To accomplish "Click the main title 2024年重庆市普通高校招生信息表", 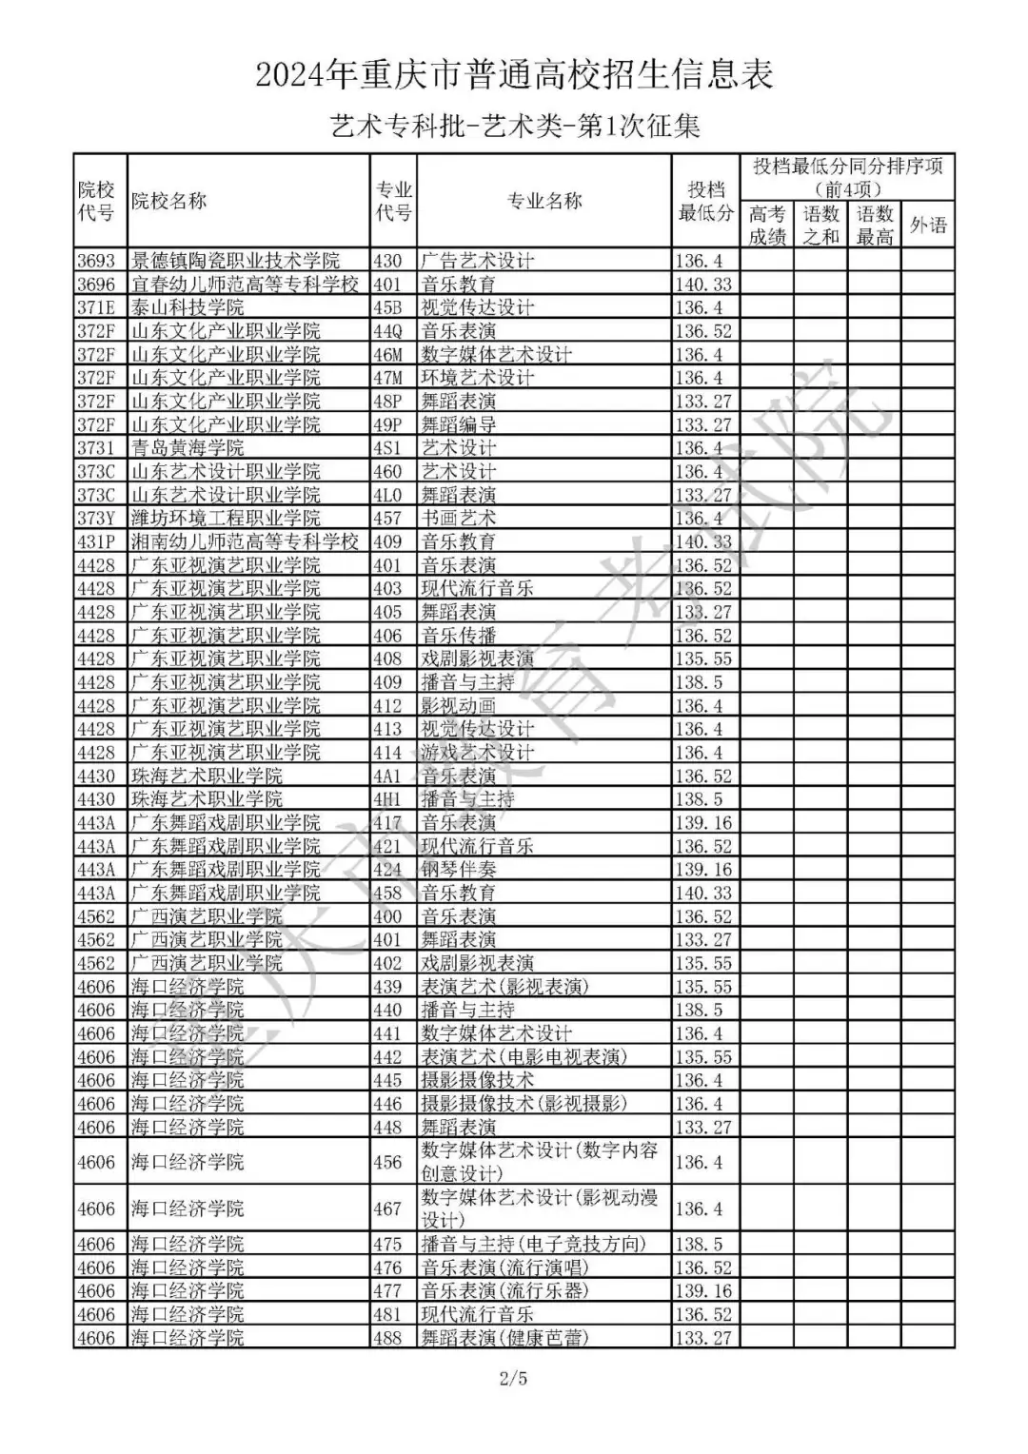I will click(514, 75).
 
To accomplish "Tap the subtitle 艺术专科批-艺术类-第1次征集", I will click(514, 127).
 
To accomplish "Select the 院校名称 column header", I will click(169, 201).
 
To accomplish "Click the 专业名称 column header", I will click(544, 201).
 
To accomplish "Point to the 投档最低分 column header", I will click(705, 201).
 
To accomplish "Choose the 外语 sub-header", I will click(927, 226).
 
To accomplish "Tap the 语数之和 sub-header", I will click(820, 226).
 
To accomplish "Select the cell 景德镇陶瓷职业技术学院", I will click(235, 261).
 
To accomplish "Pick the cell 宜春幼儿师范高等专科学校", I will click(245, 284).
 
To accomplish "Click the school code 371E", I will click(96, 307).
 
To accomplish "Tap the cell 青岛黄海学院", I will click(188, 448).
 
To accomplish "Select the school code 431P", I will click(96, 541).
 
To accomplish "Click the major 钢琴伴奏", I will click(459, 870).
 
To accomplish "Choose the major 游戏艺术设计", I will click(478, 753).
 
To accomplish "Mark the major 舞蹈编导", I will click(459, 424).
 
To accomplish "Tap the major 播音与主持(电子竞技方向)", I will click(533, 1245).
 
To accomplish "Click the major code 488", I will click(387, 1338).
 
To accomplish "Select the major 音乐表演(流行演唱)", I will click(504, 1267).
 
